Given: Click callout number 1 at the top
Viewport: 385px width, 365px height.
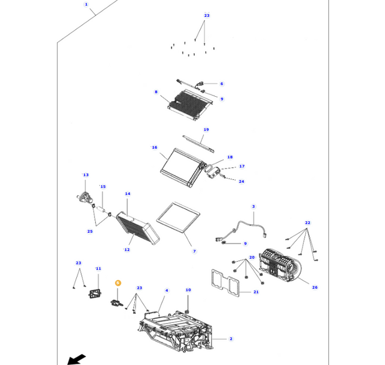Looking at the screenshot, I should tap(86, 4).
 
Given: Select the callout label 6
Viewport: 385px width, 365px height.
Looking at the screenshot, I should tap(221, 84).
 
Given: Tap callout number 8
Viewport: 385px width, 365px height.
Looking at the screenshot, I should tap(156, 92).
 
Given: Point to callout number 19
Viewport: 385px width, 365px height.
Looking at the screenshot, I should tap(206, 130).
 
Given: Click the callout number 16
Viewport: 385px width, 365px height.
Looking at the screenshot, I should tap(155, 147).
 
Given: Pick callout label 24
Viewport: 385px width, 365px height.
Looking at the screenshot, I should tap(241, 181).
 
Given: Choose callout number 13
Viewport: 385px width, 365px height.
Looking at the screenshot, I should tap(85, 175).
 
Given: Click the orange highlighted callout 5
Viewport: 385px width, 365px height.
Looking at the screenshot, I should tap(118, 283).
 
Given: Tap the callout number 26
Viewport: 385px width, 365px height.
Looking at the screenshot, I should tap(315, 287).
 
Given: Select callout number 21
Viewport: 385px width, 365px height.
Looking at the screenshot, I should tap(256, 292).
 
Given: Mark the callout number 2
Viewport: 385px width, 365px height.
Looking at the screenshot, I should tap(230, 339).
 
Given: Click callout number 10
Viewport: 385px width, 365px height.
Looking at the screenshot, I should tap(188, 290).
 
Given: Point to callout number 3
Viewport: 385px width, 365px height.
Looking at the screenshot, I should tap(253, 206).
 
